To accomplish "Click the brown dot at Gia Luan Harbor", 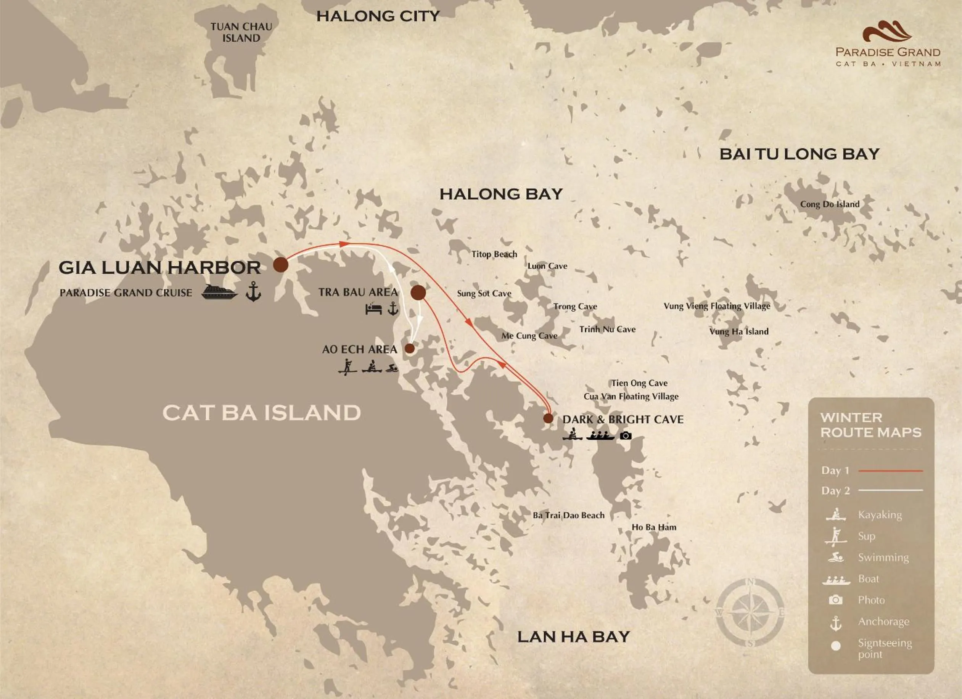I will pos(280,265).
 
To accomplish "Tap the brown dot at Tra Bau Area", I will pos(418,292).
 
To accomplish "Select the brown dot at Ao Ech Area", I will pos(409,349).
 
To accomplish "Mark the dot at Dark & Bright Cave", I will pos(548,419).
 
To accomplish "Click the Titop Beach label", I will pos(494,254).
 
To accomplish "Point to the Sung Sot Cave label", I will pos(484,294).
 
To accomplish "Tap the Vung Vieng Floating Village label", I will pos(717,306).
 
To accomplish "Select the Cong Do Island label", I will pos(830,204).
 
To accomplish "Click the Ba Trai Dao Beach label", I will pos(568,515).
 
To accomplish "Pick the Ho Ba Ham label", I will pos(654,527).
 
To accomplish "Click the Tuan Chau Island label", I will pos(241,33).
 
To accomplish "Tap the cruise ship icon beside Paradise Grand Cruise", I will pos(219,292).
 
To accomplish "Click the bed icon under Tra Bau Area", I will pos(373,309).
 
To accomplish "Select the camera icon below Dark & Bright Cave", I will pos(626,435).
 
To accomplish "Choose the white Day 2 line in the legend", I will pos(891,490).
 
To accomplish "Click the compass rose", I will pos(750,613).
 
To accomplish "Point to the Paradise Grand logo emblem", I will pos(887,32).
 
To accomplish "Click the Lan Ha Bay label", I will pos(573,636).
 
